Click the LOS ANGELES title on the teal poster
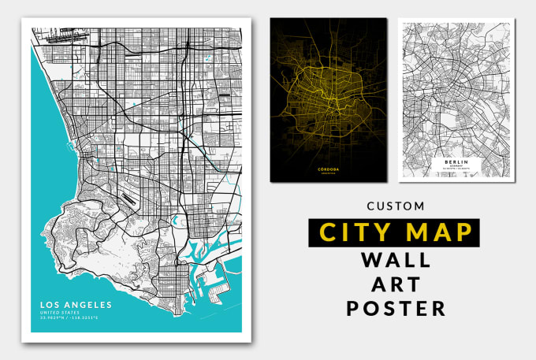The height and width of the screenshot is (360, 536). point(77,305)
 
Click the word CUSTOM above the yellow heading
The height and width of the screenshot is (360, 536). point(395,206)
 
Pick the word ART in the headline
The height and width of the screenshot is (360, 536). point(395,284)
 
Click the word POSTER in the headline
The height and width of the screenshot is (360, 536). point(395,308)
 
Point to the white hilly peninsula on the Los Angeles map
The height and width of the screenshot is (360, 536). point(95,244)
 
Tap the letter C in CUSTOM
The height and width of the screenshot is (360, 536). point(370,206)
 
